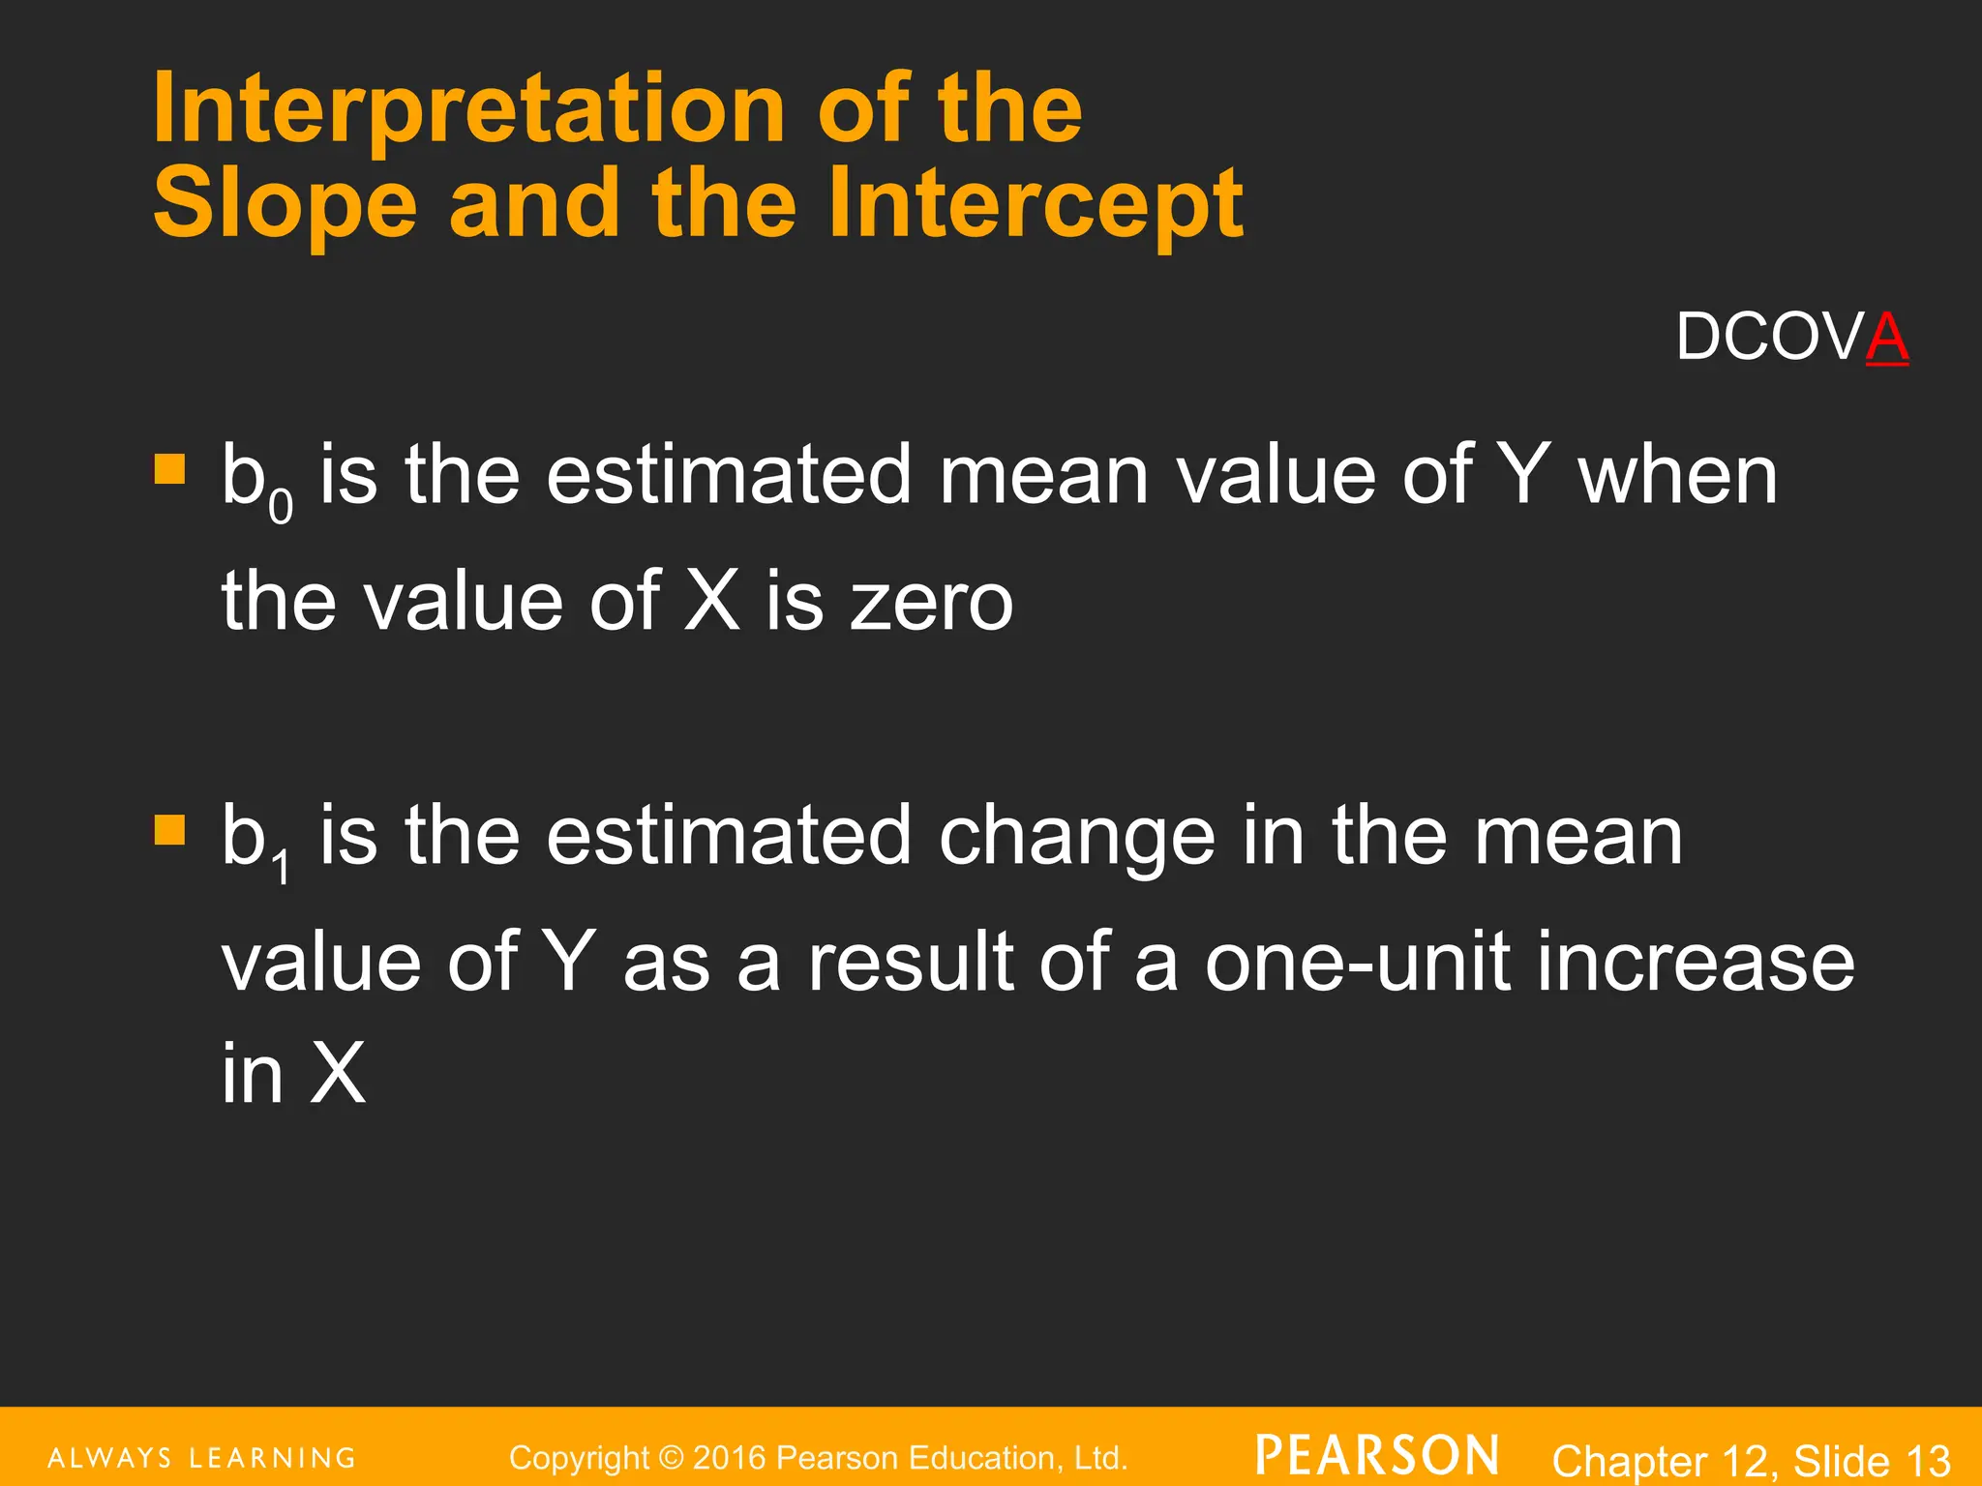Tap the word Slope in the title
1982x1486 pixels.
(285, 204)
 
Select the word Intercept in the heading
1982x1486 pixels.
(1035, 204)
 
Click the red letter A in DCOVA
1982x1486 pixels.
(1886, 338)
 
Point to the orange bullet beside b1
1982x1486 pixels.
(169, 830)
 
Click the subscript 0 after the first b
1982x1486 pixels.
(281, 506)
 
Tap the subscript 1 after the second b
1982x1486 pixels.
(281, 867)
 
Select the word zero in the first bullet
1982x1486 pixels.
(931, 602)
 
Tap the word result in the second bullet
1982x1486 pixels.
(913, 962)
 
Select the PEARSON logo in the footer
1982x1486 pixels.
(1377, 1455)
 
